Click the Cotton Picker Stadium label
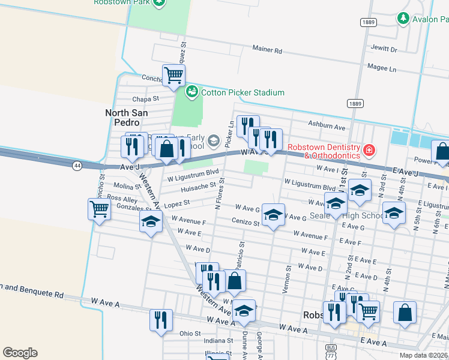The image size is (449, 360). coord(243,92)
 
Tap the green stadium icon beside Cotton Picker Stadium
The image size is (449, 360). coord(192,92)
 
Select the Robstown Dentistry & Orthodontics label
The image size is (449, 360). coord(324,151)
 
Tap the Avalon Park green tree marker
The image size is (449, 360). coord(403,19)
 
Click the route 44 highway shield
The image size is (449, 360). coord(77,166)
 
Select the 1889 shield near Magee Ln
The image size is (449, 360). coord(355,104)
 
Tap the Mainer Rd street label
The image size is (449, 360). coord(267,51)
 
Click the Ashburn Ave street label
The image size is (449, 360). coord(327,127)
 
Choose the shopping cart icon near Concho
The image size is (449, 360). coord(173,76)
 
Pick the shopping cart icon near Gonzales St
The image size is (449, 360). coord(99,209)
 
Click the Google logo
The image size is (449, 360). coord(20,353)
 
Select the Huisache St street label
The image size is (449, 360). coord(197,187)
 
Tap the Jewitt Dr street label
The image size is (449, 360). coord(385,49)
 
